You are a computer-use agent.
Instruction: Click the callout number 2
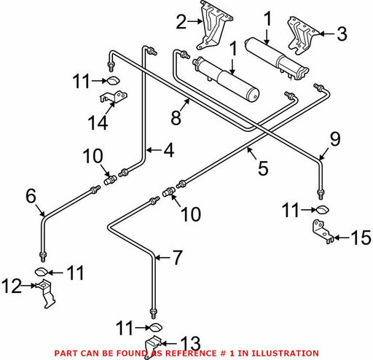pyautogui.click(x=181, y=22)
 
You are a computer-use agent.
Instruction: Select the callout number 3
pyautogui.click(x=342, y=34)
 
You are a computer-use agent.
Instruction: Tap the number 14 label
pyautogui.click(x=98, y=122)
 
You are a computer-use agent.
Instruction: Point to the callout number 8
pyautogui.click(x=176, y=118)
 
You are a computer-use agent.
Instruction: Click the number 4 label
pyautogui.click(x=169, y=150)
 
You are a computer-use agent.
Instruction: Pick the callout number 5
pyautogui.click(x=263, y=168)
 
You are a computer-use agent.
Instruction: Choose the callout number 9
pyautogui.click(x=335, y=139)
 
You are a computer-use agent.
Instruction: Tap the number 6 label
pyautogui.click(x=31, y=196)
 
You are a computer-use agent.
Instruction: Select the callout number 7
pyautogui.click(x=177, y=257)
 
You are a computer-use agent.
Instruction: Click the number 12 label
pyautogui.click(x=12, y=286)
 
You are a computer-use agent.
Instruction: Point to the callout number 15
pyautogui.click(x=361, y=238)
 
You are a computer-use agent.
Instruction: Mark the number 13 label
pyautogui.click(x=191, y=343)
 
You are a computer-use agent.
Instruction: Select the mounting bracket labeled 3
pyautogui.click(x=303, y=36)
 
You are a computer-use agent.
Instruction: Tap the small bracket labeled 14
pyautogui.click(x=114, y=97)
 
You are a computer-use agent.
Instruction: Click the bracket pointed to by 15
pyautogui.click(x=322, y=231)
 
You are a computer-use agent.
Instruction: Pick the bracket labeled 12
pyautogui.click(x=46, y=294)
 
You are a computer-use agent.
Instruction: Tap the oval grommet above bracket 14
pyautogui.click(x=113, y=81)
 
